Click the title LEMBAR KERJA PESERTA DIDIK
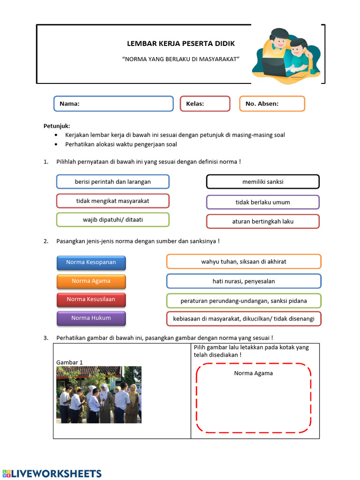[181, 44]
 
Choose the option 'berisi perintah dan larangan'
[112, 181]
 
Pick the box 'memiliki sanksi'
[262, 181]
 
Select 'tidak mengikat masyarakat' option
[112, 201]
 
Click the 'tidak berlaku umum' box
[262, 202]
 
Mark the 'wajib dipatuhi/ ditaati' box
[112, 219]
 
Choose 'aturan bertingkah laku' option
[262, 221]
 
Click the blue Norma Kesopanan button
[91, 262]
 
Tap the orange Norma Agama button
[91, 281]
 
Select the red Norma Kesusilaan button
[91, 300]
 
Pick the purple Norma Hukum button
[91, 318]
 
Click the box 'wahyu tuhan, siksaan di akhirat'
[243, 262]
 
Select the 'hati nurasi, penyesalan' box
[243, 281]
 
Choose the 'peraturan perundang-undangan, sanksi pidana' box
[243, 300]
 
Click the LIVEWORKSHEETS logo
[52, 473]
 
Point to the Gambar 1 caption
[69, 362]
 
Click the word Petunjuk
[57, 126]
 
